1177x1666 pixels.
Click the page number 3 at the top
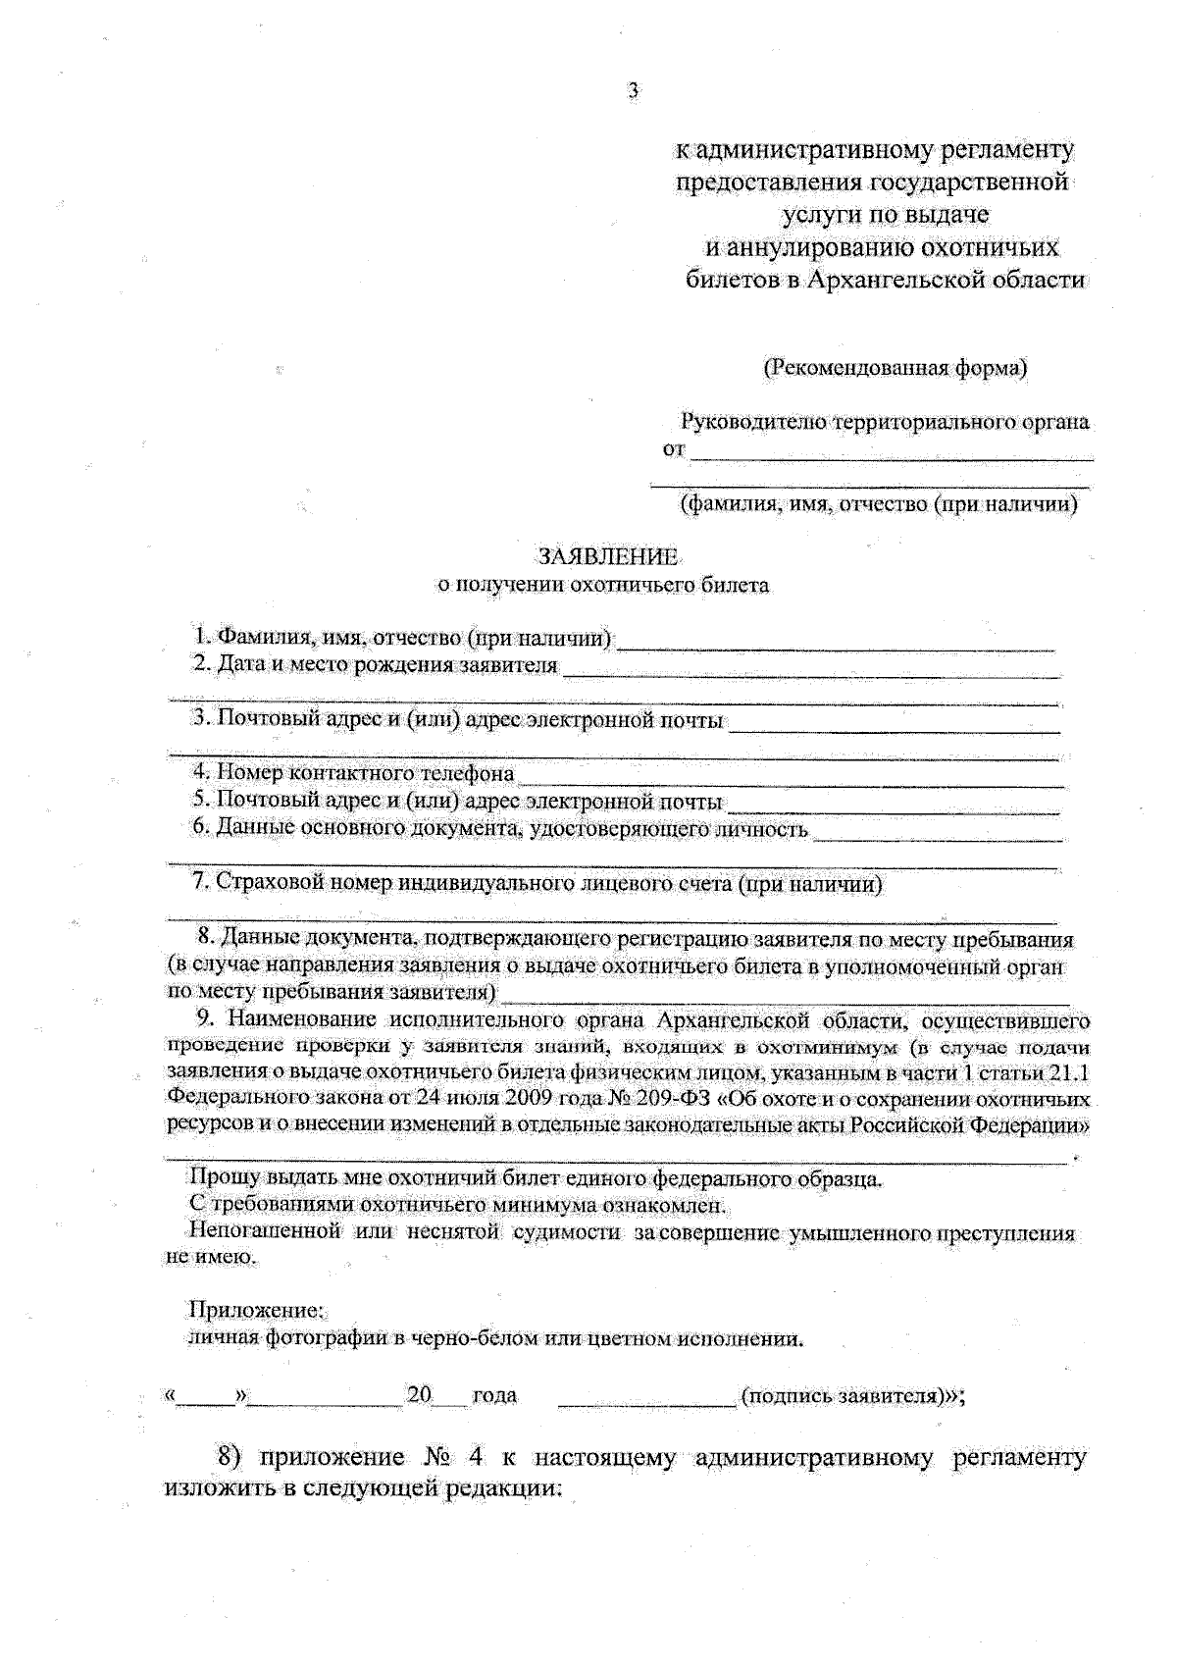[633, 91]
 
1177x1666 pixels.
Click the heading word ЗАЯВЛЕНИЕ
[608, 558]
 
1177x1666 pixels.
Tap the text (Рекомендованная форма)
[896, 368]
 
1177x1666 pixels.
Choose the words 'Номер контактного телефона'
[366, 774]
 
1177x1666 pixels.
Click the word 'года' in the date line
[494, 1395]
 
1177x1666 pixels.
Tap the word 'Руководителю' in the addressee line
[753, 423]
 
